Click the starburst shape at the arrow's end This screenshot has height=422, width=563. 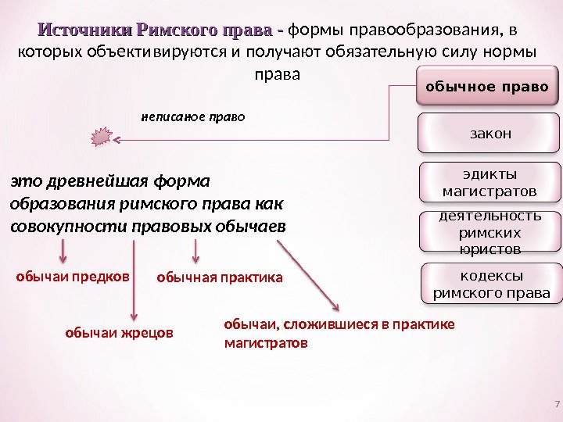coord(101,139)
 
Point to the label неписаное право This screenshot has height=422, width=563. coord(192,117)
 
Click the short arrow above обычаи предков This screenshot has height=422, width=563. coord(64,252)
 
